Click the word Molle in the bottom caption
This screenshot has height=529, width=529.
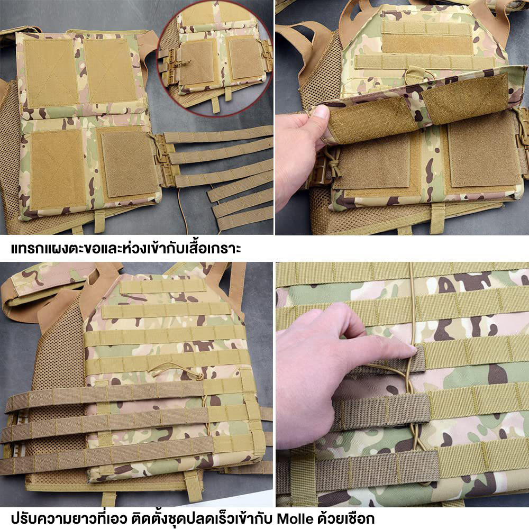point(295,518)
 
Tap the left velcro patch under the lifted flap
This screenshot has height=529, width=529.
point(373,162)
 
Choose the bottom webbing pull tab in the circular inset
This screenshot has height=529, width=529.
point(216,105)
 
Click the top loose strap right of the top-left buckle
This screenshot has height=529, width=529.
point(220,136)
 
